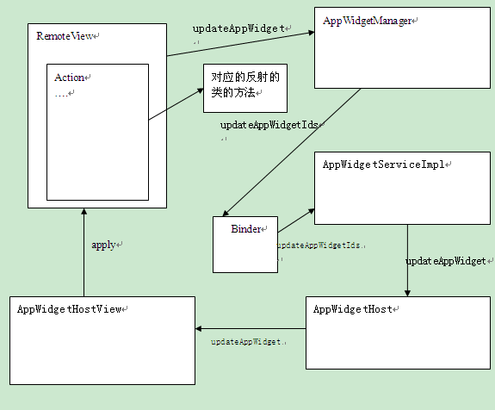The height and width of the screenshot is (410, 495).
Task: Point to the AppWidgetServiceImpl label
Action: coord(386,164)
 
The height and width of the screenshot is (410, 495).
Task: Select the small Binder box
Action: coord(245,244)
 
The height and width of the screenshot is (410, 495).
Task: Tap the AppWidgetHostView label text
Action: coord(69,308)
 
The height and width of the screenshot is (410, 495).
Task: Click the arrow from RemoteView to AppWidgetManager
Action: coord(239,44)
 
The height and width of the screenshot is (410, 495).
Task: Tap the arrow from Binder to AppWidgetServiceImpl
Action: coord(296,219)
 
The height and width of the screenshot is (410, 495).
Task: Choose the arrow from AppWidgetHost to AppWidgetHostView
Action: coord(250,329)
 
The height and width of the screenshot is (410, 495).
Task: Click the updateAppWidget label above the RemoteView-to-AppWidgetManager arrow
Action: coord(238,28)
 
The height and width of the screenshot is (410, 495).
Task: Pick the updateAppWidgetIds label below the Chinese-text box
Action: coord(269,125)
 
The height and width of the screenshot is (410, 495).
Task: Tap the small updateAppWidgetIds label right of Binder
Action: coord(319,245)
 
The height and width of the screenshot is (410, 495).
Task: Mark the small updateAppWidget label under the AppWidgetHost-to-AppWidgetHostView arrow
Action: coord(247,342)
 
